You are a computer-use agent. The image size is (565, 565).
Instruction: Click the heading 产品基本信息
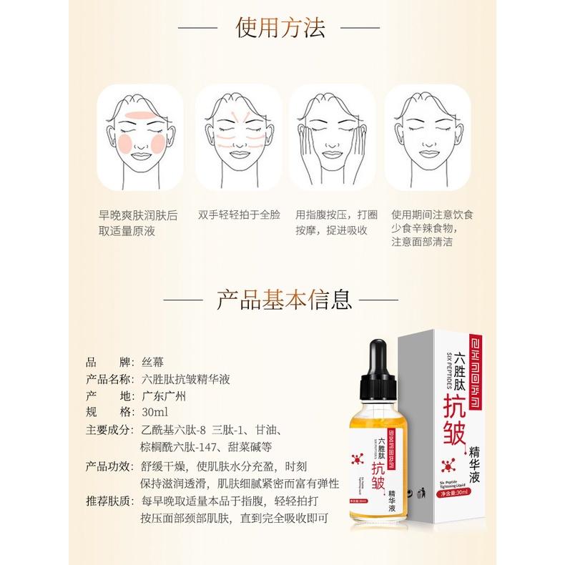point(283,299)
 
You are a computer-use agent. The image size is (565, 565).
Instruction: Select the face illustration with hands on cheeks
point(330,135)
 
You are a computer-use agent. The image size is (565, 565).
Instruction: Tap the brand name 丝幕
point(153,360)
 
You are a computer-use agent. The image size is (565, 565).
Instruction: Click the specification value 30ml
point(154,413)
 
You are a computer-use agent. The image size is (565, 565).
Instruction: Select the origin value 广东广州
point(164,395)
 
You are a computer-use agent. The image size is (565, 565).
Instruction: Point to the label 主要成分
point(107,431)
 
